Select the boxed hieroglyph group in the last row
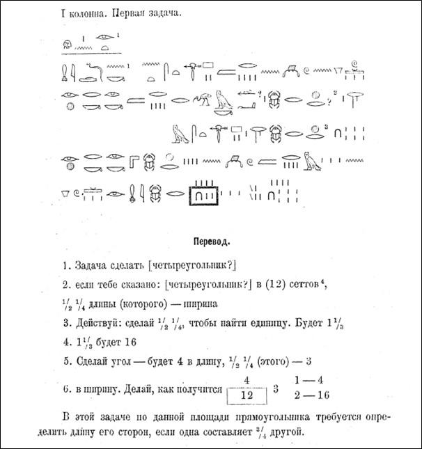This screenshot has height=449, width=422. click(x=203, y=196)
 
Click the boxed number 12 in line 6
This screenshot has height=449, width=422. click(x=247, y=395)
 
